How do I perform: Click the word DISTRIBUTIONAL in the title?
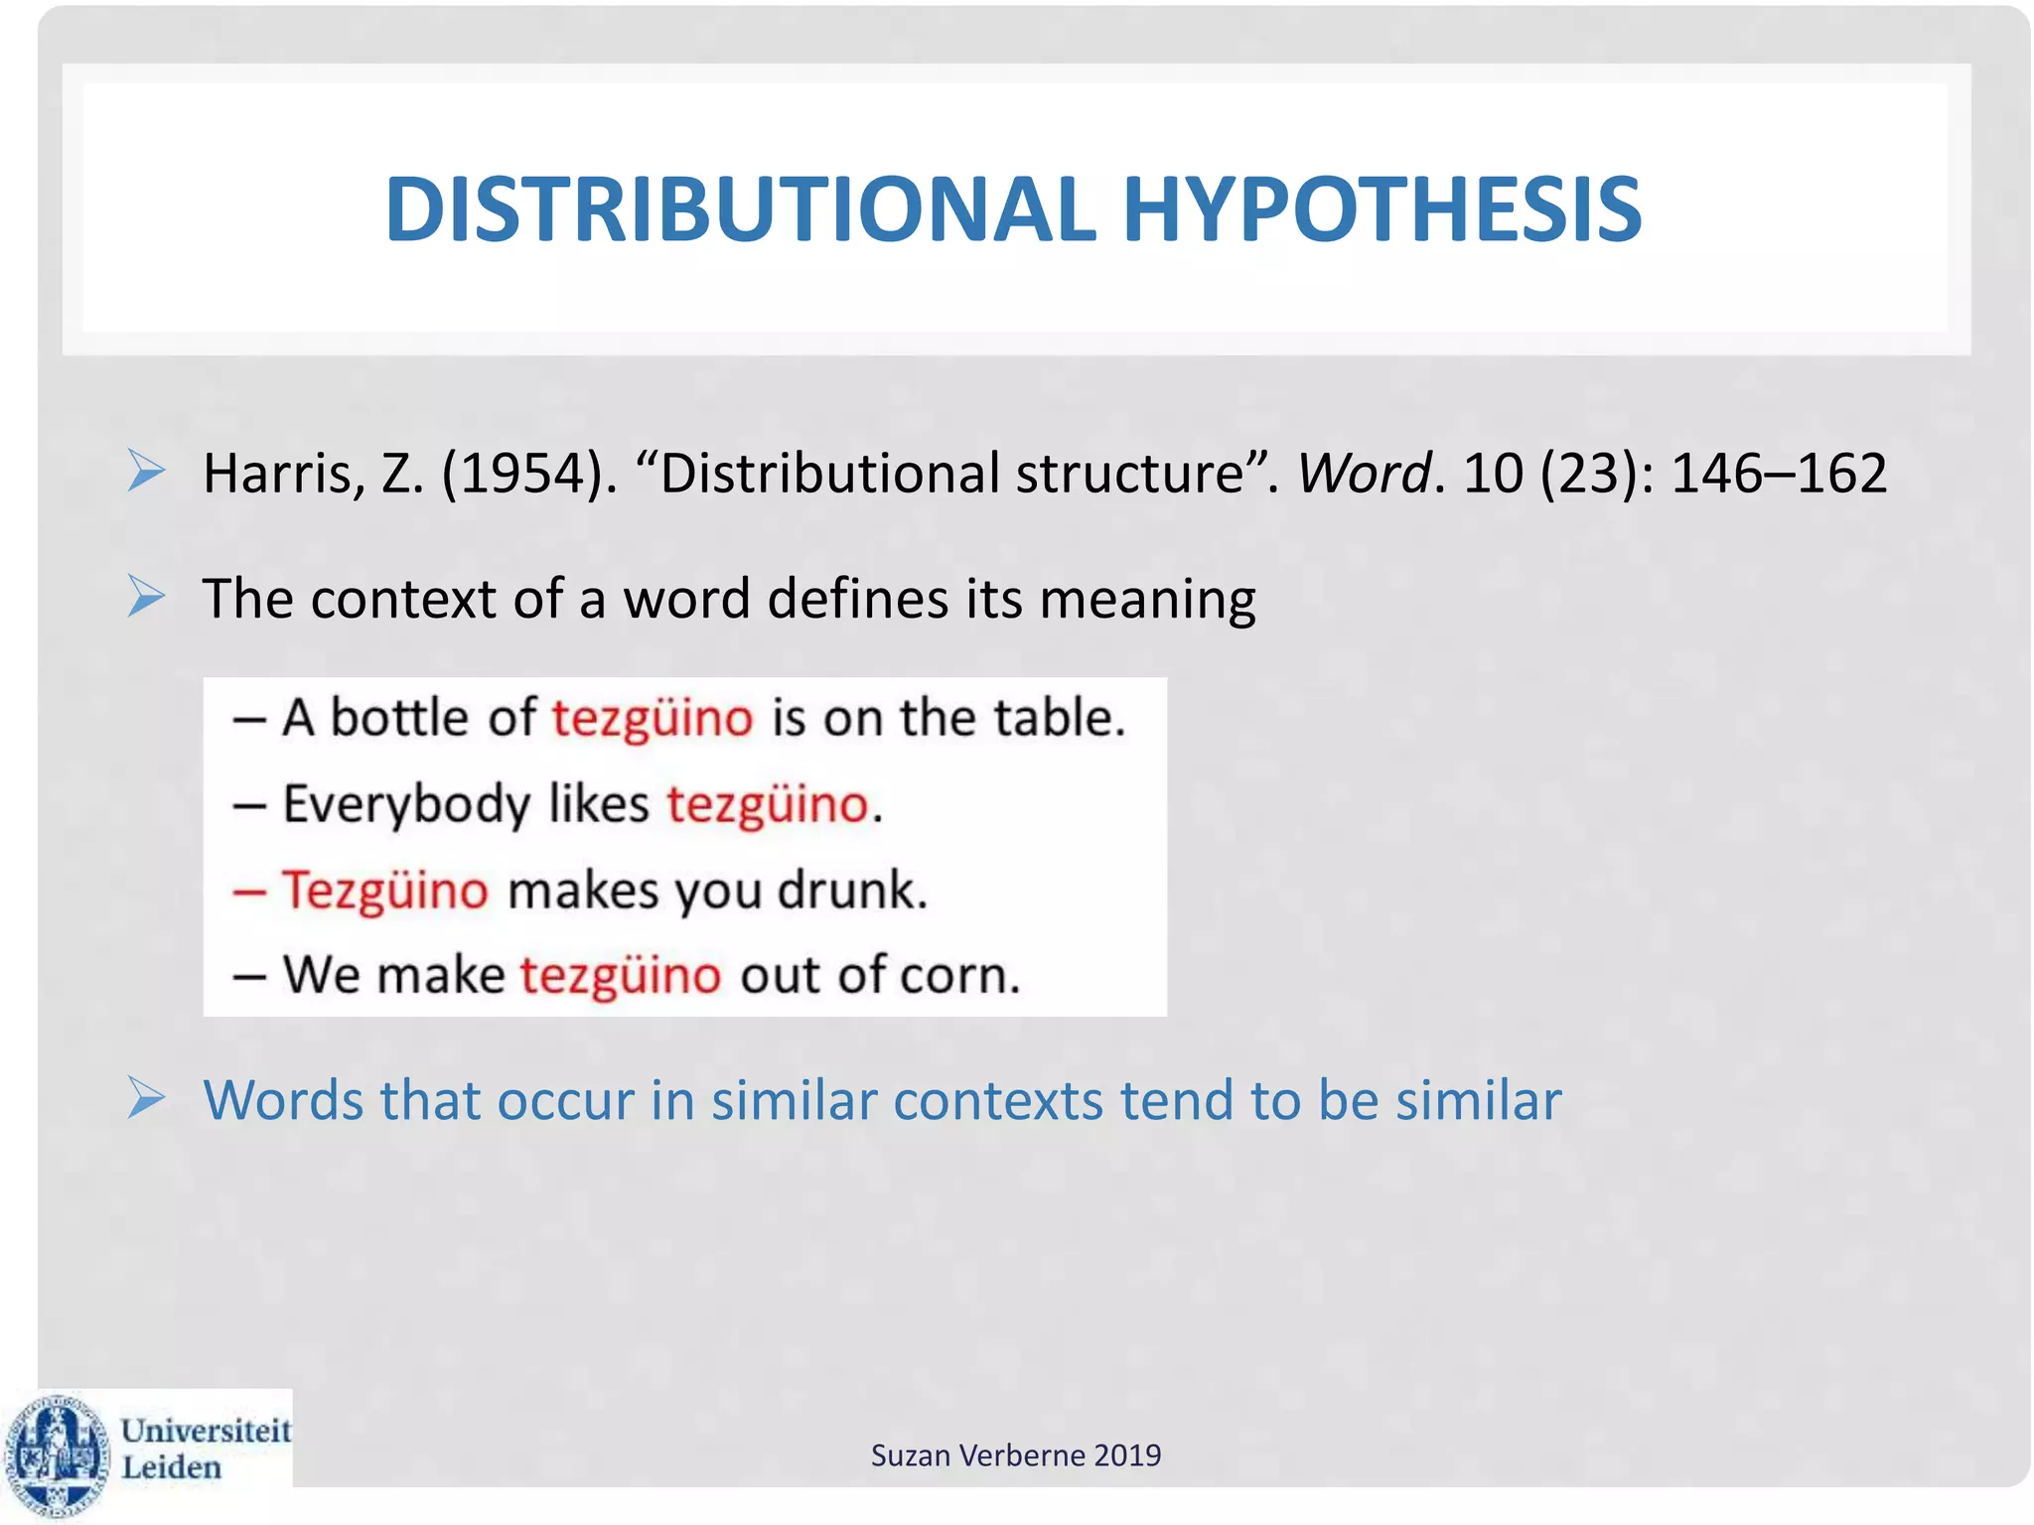click(740, 209)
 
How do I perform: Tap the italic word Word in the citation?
click(1364, 474)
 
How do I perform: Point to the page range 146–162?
click(1778, 474)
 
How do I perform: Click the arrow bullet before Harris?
click(147, 471)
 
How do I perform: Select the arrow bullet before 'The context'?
click(147, 597)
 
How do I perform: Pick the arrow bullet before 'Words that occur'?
click(147, 1098)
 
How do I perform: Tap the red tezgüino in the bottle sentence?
click(653, 718)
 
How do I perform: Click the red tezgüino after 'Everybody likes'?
click(768, 804)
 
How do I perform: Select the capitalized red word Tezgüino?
click(385, 890)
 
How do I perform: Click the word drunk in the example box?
click(851, 890)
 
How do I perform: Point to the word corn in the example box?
click(958, 975)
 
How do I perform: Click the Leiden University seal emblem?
click(57, 1456)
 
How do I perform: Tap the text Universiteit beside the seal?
click(206, 1430)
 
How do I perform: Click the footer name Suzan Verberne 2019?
click(1015, 1456)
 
